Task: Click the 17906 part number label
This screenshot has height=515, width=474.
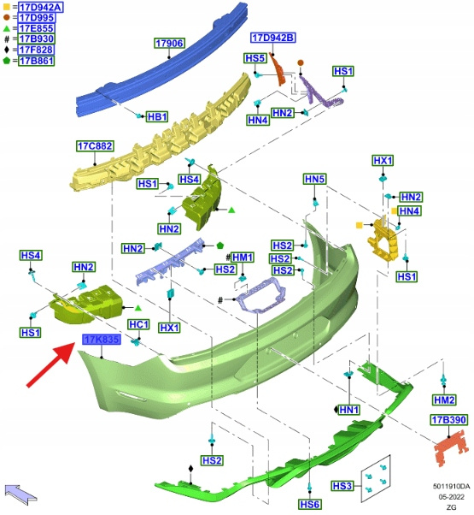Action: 169,43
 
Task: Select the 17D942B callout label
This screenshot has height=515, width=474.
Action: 273,38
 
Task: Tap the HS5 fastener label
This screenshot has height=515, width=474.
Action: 255,58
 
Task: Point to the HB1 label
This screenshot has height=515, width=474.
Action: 157,116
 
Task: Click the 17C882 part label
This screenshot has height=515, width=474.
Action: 95,145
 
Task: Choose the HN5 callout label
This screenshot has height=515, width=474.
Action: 314,179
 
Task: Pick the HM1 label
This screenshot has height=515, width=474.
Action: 243,257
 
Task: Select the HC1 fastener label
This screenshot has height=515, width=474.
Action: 138,324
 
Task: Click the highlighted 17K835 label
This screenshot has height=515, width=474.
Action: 102,340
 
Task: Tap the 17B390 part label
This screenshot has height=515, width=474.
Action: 448,420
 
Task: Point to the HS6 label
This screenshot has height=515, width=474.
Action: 309,504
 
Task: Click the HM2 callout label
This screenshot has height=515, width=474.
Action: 444,400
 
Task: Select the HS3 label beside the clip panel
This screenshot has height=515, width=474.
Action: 342,486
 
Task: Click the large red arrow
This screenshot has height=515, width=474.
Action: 50,364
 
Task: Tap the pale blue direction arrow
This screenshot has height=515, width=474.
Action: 20,494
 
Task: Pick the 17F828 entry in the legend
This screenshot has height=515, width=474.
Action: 36,50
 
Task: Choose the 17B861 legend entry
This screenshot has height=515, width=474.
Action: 36,61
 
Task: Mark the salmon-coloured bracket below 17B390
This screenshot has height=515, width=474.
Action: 452,447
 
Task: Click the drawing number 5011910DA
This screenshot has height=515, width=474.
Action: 451,486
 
